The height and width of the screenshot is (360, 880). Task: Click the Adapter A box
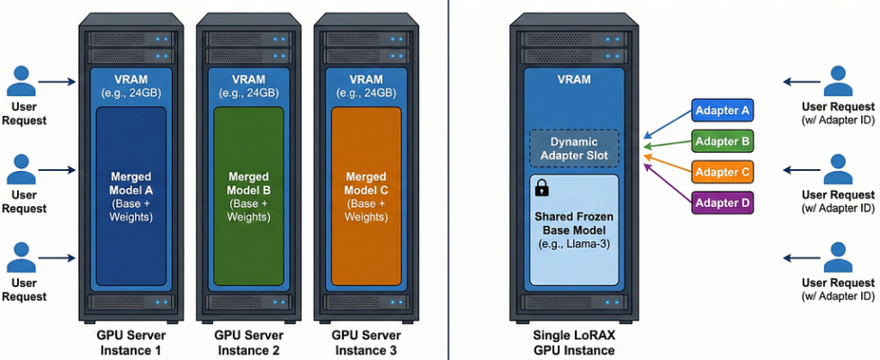723,112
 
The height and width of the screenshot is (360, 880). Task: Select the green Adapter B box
723,141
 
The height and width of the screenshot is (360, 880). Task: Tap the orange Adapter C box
723,172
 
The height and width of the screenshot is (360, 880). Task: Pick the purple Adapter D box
723,202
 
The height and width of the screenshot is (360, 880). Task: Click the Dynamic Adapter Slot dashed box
573,148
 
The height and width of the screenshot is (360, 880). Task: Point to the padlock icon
542,188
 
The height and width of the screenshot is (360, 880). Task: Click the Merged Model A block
130,198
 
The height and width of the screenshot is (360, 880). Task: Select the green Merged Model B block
248,198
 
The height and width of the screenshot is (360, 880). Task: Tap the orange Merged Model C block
365,198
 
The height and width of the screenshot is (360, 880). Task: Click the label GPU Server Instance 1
130,341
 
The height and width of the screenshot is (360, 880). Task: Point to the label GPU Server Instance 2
248,341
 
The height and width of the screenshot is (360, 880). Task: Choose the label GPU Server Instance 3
365,341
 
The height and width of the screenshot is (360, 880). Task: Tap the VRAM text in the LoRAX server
574,79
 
